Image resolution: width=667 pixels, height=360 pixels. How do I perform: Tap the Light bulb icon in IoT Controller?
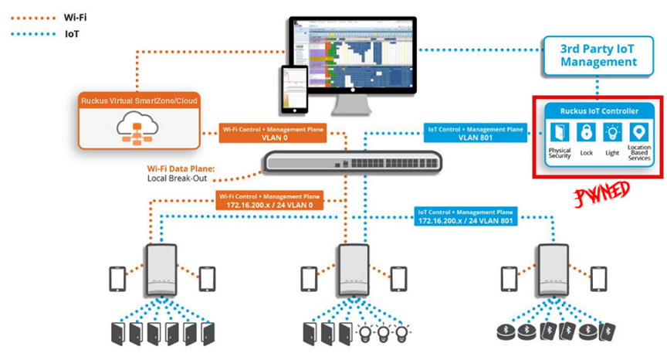[612, 132]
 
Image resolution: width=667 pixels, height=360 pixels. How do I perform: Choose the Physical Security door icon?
[560, 132]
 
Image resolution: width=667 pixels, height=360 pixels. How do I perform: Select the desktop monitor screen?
[363, 54]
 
